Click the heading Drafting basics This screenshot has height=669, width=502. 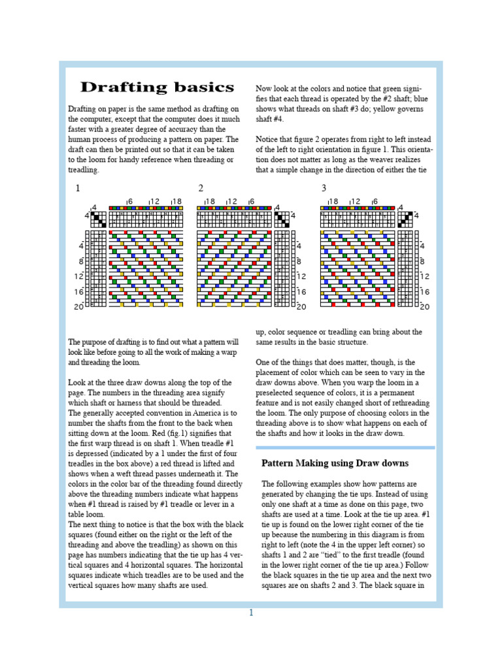pyautogui.click(x=156, y=88)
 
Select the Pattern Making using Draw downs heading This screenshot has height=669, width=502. pyautogui.click(x=335, y=463)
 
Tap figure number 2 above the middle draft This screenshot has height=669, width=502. pyautogui.click(x=201, y=188)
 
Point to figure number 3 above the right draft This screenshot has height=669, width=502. pyautogui.click(x=324, y=188)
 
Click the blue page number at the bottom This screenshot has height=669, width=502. pyautogui.click(x=250, y=612)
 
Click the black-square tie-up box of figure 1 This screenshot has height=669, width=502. pyautogui.click(x=97, y=218)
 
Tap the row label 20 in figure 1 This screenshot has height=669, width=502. pyautogui.click(x=78, y=306)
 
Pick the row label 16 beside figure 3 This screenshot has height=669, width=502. pyautogui.click(x=425, y=292)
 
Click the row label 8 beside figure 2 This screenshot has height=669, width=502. pyautogui.click(x=299, y=261)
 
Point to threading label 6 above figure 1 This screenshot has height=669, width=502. pyautogui.click(x=129, y=202)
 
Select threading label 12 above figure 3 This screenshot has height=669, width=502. pyautogui.click(x=354, y=202)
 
